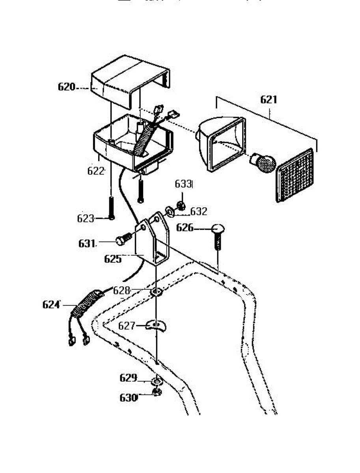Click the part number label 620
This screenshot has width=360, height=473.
click(66, 87)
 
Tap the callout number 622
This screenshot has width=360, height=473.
click(96, 171)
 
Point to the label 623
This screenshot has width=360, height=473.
click(86, 218)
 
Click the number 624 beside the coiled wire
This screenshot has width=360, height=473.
click(51, 305)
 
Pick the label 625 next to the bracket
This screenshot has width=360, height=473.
click(112, 259)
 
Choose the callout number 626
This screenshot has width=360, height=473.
click(185, 227)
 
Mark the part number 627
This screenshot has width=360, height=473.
click(127, 326)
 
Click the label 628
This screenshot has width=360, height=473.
click(121, 291)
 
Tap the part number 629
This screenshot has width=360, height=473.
click(128, 378)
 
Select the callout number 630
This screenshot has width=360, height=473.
click(128, 397)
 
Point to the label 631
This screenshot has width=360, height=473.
click(87, 243)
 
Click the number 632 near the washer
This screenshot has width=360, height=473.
click(199, 212)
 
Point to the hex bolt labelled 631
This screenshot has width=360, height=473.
click(123, 239)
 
